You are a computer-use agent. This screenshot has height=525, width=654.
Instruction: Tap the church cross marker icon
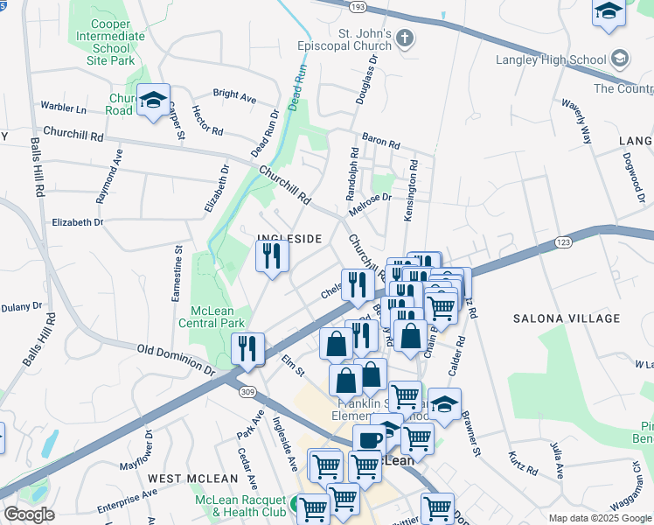coord(403,38)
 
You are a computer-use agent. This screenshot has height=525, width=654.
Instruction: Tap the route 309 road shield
coord(247,392)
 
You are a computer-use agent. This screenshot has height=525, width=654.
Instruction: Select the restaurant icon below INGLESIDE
coord(272,256)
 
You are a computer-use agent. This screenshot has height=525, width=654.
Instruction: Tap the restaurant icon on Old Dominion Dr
coord(248,348)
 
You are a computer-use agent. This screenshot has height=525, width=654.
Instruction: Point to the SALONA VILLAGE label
coord(560,318)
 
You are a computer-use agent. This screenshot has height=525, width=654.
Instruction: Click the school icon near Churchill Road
coord(154,101)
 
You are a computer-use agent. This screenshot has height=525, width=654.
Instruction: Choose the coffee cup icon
coord(369,441)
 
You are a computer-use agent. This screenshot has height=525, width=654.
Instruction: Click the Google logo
coord(29,514)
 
